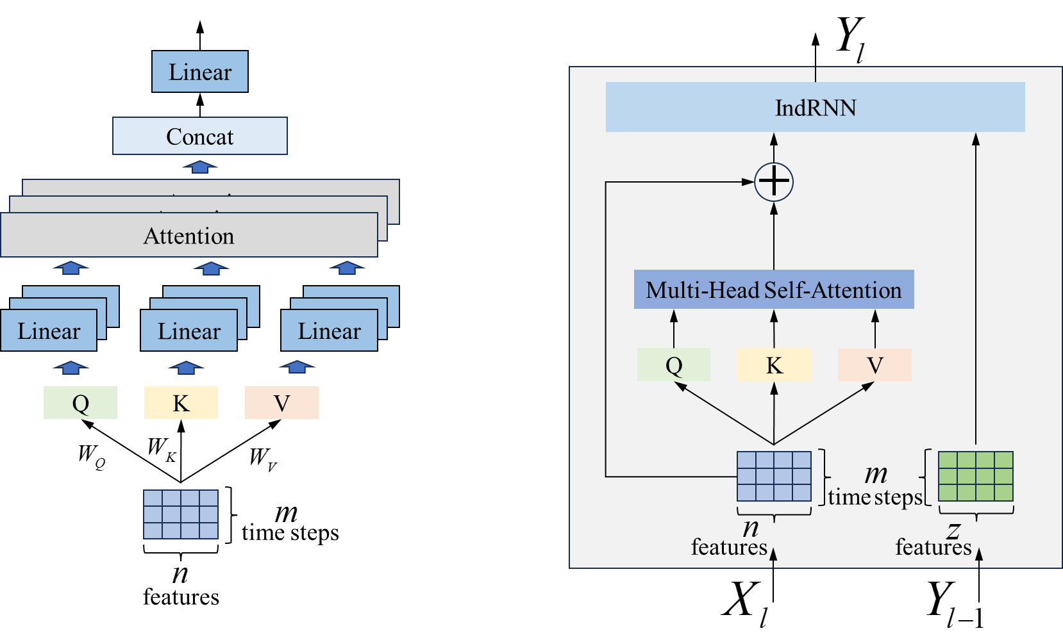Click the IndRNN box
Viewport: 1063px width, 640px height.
point(815,107)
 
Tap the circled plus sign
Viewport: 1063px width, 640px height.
point(774,182)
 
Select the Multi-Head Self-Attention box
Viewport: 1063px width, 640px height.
point(773,290)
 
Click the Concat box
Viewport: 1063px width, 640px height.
point(199,136)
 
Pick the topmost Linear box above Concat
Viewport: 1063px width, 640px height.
point(199,72)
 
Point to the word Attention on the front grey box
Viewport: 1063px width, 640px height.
point(188,236)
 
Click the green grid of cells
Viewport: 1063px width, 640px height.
point(975,476)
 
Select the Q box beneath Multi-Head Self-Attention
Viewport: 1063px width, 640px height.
point(673,365)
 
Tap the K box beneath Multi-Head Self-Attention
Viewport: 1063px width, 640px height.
point(774,365)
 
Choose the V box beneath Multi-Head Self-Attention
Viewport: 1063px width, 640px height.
point(875,365)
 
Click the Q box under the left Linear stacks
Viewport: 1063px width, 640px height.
point(80,402)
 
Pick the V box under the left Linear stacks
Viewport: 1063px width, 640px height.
point(281,402)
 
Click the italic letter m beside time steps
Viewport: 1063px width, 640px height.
point(876,474)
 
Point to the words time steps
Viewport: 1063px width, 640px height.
point(875,497)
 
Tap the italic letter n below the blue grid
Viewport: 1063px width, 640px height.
point(751,528)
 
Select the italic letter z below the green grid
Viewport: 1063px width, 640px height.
point(953,529)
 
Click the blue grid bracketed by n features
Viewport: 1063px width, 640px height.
point(774,476)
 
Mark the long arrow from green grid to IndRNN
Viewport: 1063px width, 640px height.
point(976,288)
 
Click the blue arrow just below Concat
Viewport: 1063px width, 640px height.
point(199,167)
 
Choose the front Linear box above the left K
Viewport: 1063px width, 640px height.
point(188,331)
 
